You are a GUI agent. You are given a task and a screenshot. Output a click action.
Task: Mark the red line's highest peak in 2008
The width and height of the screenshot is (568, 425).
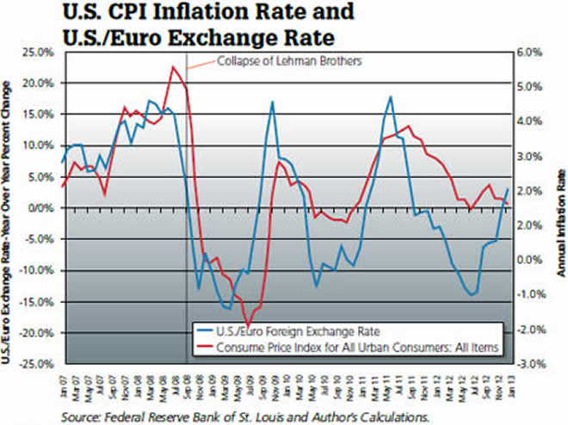click(x=174, y=67)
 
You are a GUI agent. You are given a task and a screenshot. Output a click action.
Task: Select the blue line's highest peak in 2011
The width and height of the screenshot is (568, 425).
click(x=391, y=96)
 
